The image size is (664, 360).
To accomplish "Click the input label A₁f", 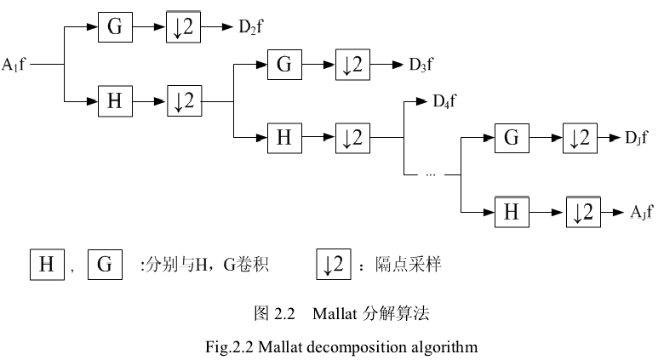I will pyautogui.click(x=14, y=64).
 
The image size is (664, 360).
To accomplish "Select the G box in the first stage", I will pyautogui.click(x=114, y=27).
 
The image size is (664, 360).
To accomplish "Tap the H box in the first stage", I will pyautogui.click(x=114, y=100).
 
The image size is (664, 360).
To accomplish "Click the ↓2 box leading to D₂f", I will pyautogui.click(x=183, y=27).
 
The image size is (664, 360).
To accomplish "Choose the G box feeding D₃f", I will pyautogui.click(x=284, y=64).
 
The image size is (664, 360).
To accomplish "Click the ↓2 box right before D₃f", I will pyautogui.click(x=352, y=64).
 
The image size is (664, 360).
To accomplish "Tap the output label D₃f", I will pyautogui.click(x=421, y=64).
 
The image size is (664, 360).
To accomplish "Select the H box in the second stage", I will pyautogui.click(x=284, y=136).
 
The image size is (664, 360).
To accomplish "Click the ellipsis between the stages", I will pyautogui.click(x=430, y=174).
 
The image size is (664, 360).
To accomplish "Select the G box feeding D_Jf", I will pyautogui.click(x=511, y=137).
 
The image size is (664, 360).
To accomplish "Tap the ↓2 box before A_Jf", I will pyautogui.click(x=584, y=210).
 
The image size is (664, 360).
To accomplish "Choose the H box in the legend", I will pyautogui.click(x=47, y=265).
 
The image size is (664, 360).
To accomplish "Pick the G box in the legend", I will pyautogui.click(x=105, y=265).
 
